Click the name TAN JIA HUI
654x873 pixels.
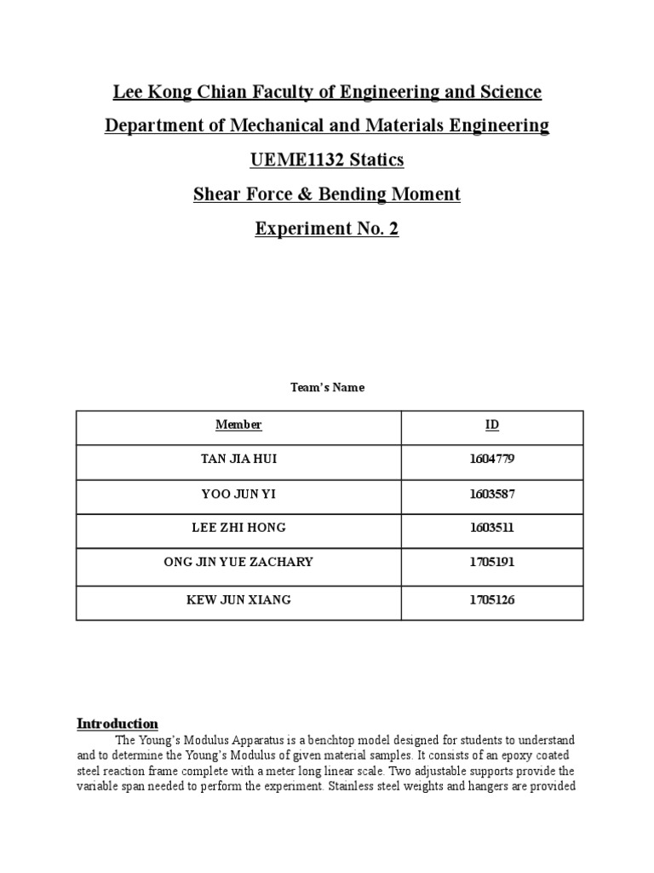point(238,460)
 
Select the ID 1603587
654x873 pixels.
point(491,494)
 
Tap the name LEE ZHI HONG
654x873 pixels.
point(238,529)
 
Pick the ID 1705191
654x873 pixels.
point(491,563)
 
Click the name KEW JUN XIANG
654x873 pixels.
point(238,600)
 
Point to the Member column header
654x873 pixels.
point(238,425)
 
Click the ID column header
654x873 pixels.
point(491,425)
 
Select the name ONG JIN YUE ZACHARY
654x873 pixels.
point(238,563)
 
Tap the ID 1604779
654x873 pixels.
point(491,460)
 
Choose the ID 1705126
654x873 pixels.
point(491,600)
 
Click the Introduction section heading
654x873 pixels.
point(118,724)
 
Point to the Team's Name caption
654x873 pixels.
point(327,388)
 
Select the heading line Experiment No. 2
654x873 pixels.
point(327,229)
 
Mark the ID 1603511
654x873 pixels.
point(491,529)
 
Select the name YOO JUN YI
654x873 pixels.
point(238,494)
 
